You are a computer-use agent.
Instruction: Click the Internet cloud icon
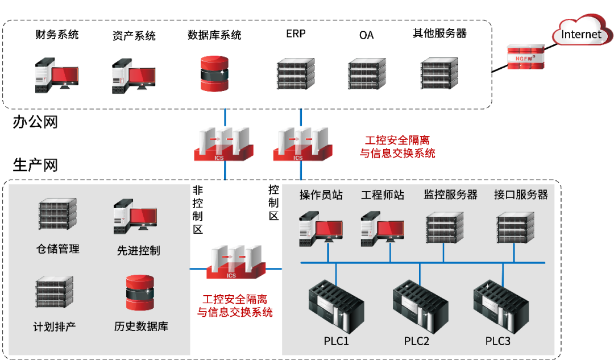point(580,34)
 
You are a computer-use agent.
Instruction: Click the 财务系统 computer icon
point(55,76)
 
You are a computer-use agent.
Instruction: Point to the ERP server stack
point(296,72)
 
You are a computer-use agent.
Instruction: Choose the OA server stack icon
point(367,72)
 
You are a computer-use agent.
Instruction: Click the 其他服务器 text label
point(439,34)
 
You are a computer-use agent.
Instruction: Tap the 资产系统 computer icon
point(133,76)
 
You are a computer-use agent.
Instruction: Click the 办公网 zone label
point(35,122)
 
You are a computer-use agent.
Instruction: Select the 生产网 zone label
point(35,165)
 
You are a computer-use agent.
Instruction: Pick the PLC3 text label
point(498,341)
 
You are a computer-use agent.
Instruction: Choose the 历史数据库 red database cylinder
point(140,293)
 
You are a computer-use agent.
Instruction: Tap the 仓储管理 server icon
point(57,213)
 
